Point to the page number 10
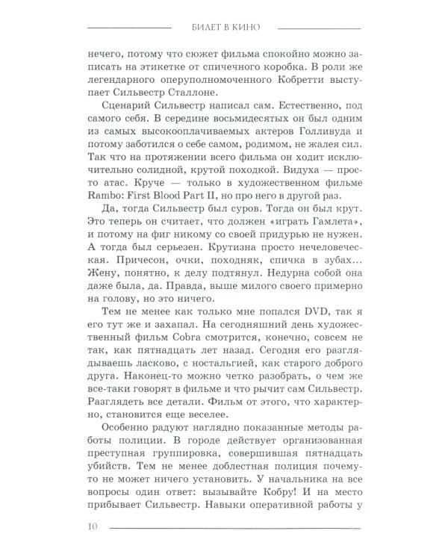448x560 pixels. click(x=92, y=529)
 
